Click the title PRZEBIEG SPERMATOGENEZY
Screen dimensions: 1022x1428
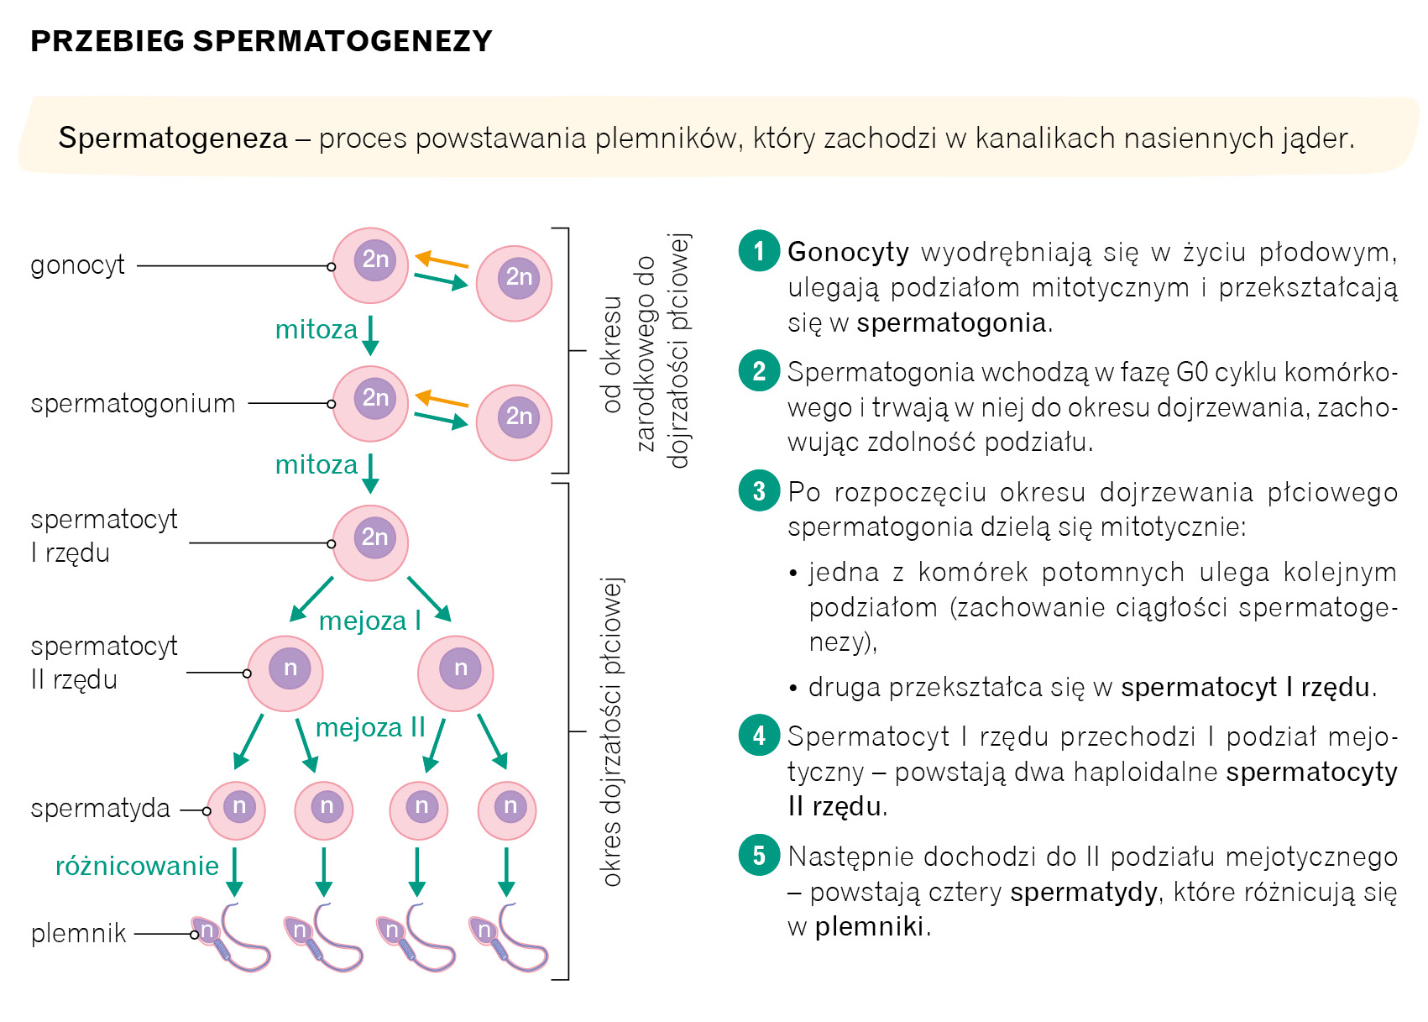click(261, 41)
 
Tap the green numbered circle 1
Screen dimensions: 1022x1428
click(759, 250)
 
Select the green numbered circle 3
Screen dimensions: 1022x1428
click(759, 490)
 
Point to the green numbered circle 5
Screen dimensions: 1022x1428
click(759, 855)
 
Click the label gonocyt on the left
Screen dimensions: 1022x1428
click(77, 265)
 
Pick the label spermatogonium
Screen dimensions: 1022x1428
click(133, 403)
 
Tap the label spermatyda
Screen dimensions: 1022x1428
click(100, 809)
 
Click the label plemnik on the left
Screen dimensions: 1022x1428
click(78, 933)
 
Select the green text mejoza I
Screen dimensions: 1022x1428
click(369, 621)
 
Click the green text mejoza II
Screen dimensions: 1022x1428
click(370, 727)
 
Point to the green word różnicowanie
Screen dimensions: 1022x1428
click(137, 866)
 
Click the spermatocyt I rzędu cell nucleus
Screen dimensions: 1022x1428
click(375, 537)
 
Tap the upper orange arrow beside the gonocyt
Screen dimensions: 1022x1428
click(442, 259)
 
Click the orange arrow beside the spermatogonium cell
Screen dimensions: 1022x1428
click(442, 399)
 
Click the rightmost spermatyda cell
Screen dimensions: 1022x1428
click(507, 810)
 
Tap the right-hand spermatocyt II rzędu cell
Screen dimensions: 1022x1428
click(456, 673)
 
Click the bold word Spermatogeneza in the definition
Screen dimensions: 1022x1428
click(173, 138)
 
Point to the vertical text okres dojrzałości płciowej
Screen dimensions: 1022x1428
click(612, 731)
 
